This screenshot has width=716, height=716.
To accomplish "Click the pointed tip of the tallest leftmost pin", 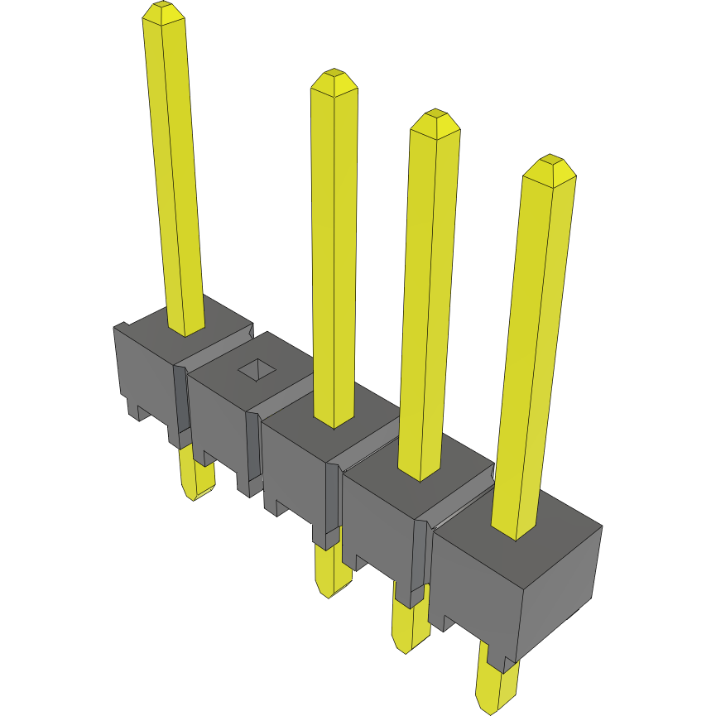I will [x=162, y=11].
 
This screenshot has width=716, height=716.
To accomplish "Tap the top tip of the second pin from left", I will [x=334, y=79].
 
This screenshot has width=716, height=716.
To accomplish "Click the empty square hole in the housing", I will [x=258, y=370].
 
